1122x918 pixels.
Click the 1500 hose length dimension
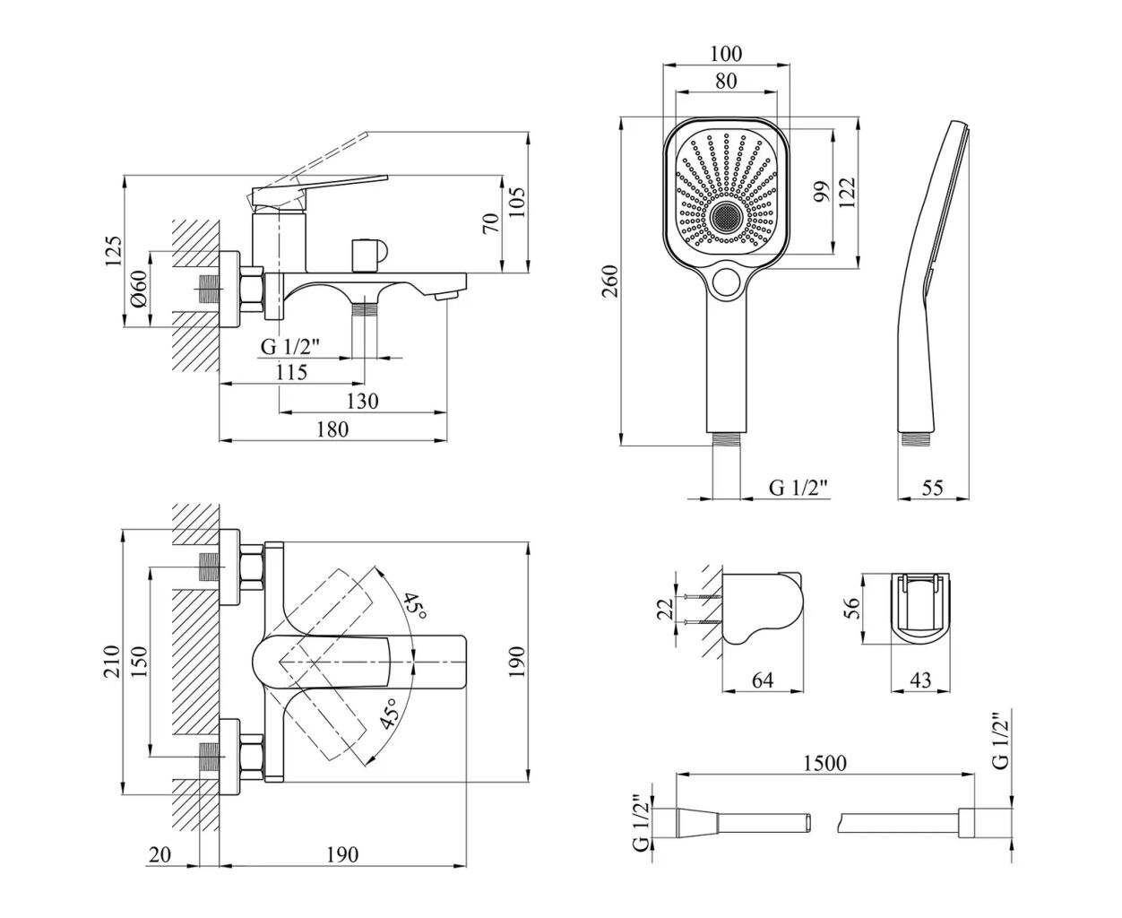click(825, 763)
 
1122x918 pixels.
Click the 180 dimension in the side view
click(332, 429)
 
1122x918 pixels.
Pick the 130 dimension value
click(362, 401)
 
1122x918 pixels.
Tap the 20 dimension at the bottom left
click(160, 854)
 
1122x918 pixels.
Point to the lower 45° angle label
click(389, 714)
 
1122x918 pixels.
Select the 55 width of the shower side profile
click(932, 488)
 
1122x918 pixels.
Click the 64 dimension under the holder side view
click(762, 680)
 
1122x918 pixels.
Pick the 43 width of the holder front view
click(919, 680)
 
